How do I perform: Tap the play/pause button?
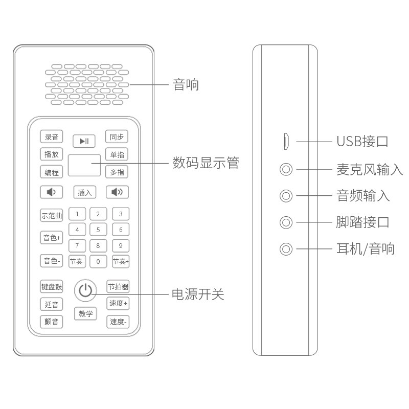pos(84,141)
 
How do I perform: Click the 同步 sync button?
pos(117,137)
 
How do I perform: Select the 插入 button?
pos(84,192)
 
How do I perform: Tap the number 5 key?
pos(98,230)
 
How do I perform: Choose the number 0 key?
pos(98,262)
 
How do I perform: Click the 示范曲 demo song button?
pos(52,215)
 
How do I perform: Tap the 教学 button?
pos(85,314)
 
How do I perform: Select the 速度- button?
pos(118,322)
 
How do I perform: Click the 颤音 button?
pos(52,322)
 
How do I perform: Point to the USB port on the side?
pos(287,142)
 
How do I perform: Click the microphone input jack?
pos(286,169)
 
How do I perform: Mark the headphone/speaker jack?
pos(286,249)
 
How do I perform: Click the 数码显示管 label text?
pos(206,163)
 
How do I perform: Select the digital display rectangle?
pos(84,164)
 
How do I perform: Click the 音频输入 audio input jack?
pos(286,195)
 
